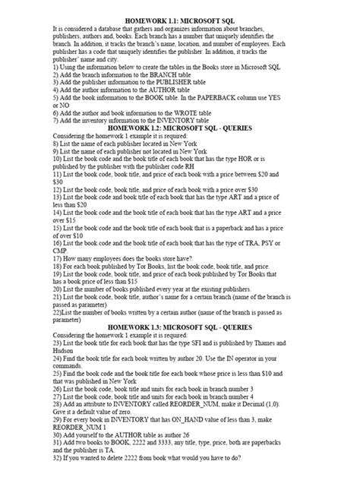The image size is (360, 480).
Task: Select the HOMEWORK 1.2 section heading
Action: (x=180, y=127)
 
